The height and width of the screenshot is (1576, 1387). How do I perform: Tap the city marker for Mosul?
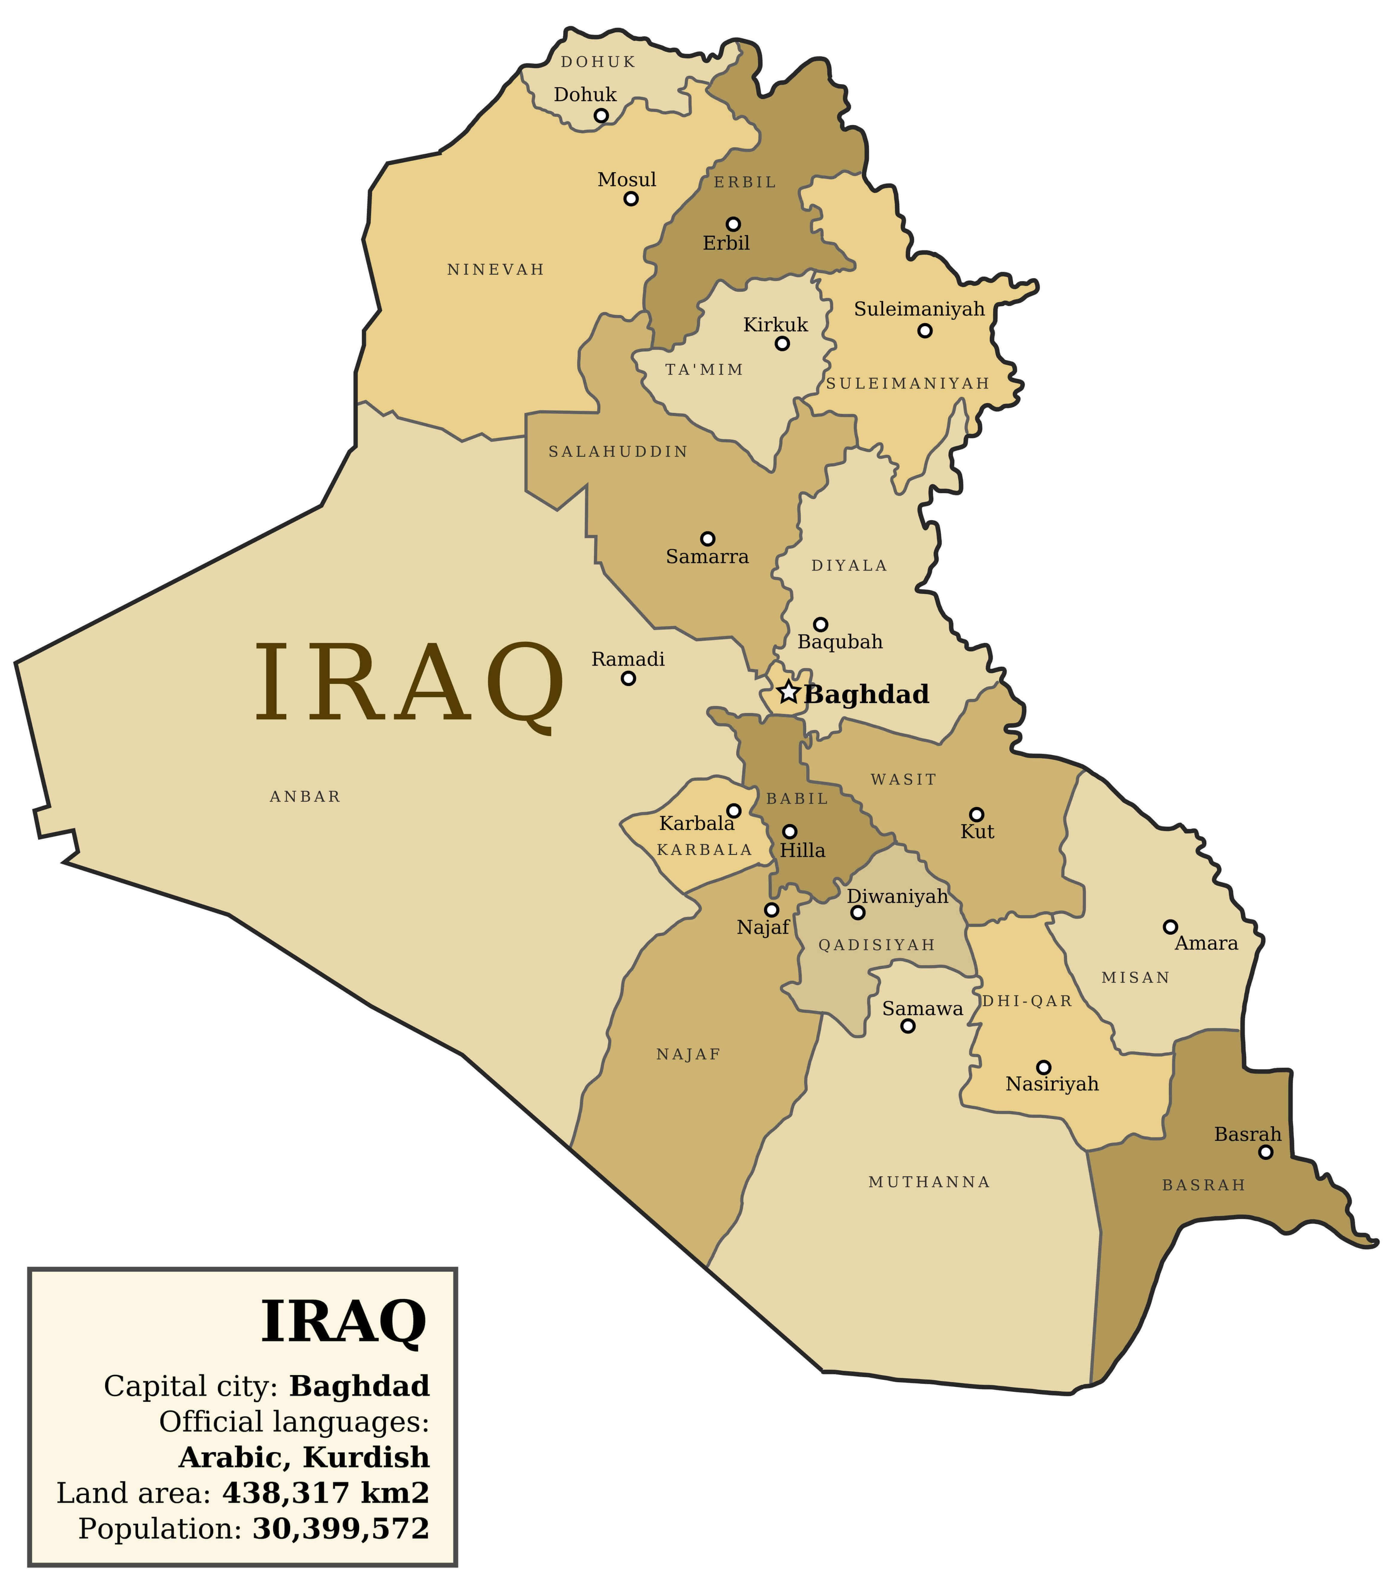pos(631,199)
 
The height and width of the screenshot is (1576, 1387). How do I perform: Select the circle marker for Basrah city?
pos(1265,1152)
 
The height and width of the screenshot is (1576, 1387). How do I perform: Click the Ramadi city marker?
pos(628,679)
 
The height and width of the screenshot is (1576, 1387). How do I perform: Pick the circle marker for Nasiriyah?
pos(1043,1067)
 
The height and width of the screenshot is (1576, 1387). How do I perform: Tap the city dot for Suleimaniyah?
pos(924,331)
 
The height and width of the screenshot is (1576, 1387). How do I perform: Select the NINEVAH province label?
pos(496,269)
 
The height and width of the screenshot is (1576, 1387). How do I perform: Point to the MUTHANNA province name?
pos(929,1182)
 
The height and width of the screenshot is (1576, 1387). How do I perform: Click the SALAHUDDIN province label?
pos(618,452)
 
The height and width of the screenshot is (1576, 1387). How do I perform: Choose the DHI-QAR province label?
pos(1027,1001)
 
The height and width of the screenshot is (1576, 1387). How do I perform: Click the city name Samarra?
pos(707,557)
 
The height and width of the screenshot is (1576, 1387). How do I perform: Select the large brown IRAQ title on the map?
pos(409,685)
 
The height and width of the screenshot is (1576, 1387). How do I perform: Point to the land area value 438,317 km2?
pos(325,1493)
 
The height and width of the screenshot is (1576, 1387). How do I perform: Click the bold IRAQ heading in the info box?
pos(344,1321)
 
